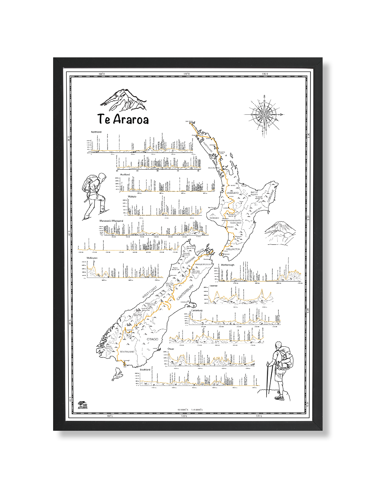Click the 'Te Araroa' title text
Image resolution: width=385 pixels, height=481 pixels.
tap(123, 119)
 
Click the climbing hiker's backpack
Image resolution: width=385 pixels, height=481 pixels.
tap(89, 184)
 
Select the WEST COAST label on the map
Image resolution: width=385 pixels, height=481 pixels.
tap(149, 292)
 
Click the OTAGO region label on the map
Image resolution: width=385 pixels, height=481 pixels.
tap(152, 339)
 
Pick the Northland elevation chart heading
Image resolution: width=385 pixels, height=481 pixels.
tap(96, 132)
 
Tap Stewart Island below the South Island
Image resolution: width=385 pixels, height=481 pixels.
tap(118, 374)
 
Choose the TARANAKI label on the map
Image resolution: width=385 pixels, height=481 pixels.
tap(214, 218)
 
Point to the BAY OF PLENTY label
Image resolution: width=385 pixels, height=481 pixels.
tap(254, 193)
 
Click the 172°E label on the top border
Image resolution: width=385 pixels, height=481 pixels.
tap(186, 74)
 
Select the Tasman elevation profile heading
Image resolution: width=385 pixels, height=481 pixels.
tap(213, 286)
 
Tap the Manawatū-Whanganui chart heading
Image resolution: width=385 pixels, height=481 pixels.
tap(111, 221)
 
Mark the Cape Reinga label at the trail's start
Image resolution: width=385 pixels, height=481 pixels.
tap(189, 121)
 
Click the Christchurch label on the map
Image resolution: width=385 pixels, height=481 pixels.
tap(184, 302)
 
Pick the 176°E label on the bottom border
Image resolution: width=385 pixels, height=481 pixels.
tap(259, 416)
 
